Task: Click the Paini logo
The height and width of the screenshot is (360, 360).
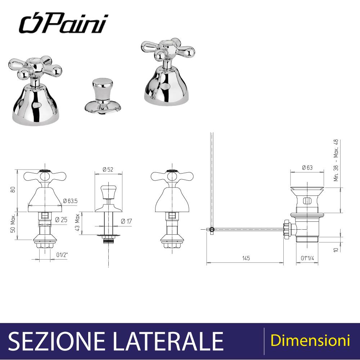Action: [63, 24]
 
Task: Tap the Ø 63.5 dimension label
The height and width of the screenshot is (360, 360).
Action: [70, 201]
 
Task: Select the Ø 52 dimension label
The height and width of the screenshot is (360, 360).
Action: [108, 170]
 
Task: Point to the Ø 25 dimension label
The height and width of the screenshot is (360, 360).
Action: [61, 220]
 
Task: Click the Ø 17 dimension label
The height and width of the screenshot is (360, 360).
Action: [126, 221]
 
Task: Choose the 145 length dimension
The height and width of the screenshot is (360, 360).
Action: [246, 258]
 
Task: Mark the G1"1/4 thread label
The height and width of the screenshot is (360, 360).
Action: [307, 258]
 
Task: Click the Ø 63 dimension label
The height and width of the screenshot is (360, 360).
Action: [307, 168]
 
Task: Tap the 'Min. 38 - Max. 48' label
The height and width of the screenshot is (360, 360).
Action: [336, 160]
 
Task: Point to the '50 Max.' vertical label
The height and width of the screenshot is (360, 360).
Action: [13, 224]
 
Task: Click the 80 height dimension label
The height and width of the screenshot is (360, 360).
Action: [13, 190]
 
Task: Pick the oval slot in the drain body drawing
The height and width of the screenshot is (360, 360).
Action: [307, 201]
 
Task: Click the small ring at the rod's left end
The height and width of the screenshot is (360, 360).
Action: [212, 229]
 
